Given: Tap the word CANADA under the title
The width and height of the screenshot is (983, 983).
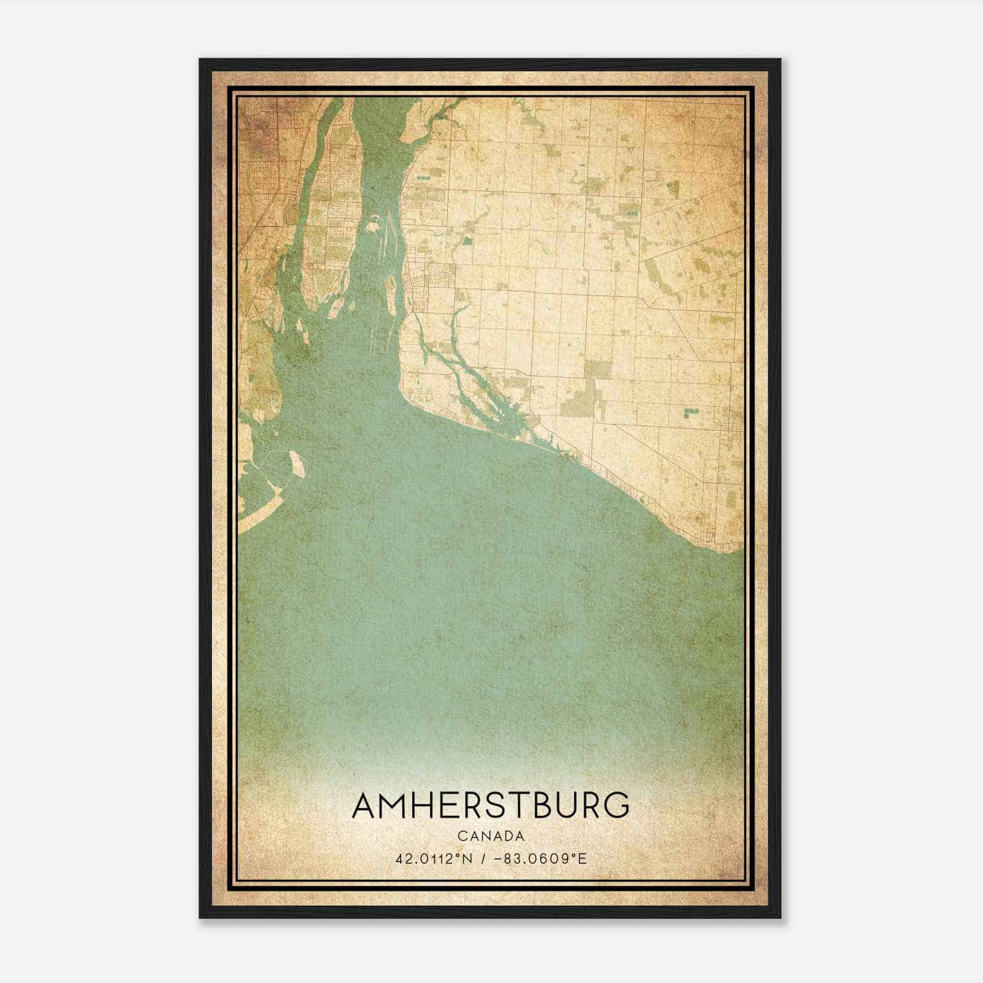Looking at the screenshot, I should click(x=491, y=836).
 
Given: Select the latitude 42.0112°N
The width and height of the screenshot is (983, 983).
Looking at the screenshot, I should click(x=434, y=858).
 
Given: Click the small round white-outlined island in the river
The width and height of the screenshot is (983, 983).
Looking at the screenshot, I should click(x=372, y=227).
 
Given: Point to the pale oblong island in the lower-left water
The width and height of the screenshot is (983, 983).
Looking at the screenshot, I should click(x=297, y=464).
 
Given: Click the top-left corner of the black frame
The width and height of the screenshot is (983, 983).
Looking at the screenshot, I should click(x=200, y=60).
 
